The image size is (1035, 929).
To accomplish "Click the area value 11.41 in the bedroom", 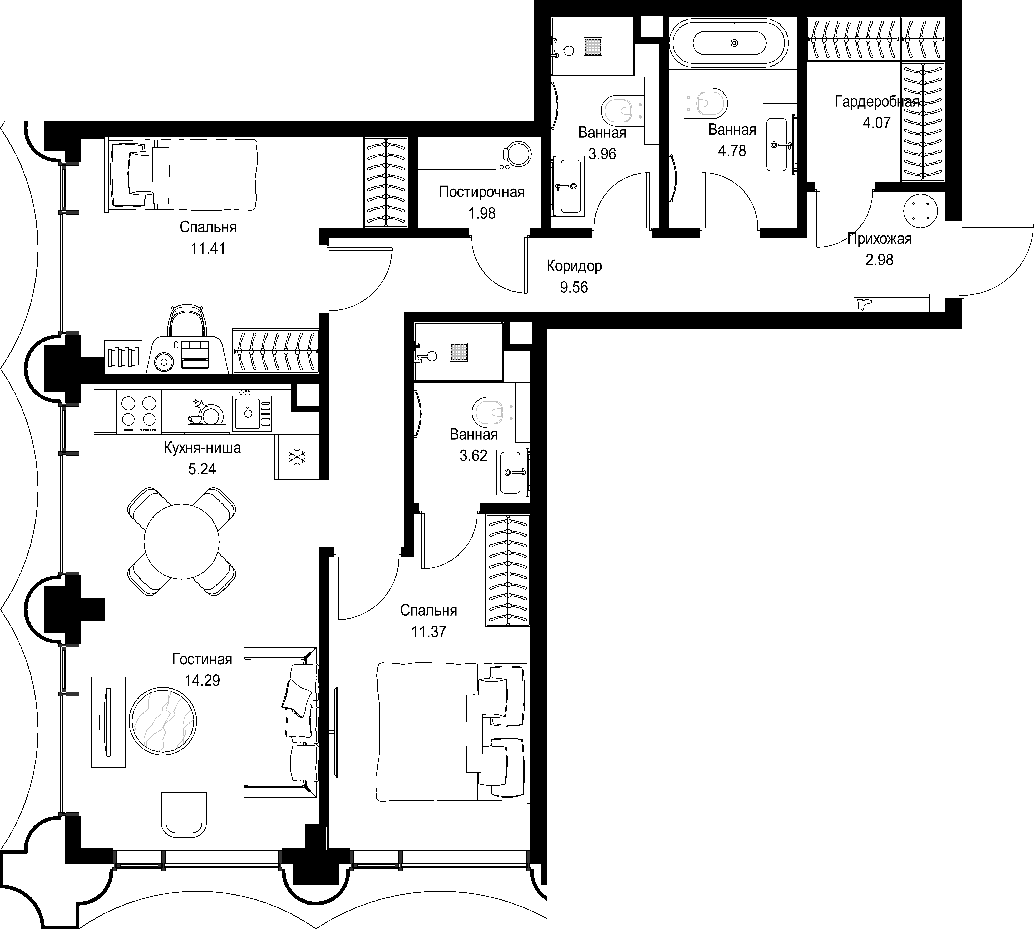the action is (x=208, y=249).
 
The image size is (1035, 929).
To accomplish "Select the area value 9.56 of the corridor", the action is (x=574, y=287).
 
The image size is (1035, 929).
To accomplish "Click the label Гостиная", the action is (x=202, y=660).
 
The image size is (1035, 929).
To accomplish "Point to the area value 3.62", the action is (x=474, y=455).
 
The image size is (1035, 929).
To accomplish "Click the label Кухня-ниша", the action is (x=202, y=448).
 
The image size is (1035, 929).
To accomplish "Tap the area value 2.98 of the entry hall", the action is (x=879, y=260).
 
